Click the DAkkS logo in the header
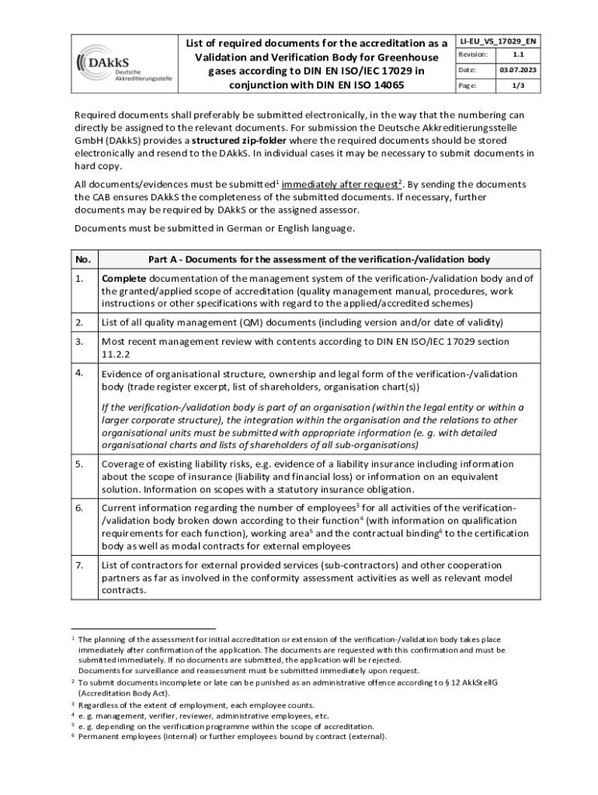tap(124, 63)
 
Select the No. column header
tap(83, 259)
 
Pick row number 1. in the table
tap(79, 278)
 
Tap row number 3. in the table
tap(79, 341)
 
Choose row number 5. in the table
tap(79, 464)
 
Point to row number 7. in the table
tap(79, 565)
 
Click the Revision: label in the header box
tap(473, 54)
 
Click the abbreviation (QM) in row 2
tap(228, 322)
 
